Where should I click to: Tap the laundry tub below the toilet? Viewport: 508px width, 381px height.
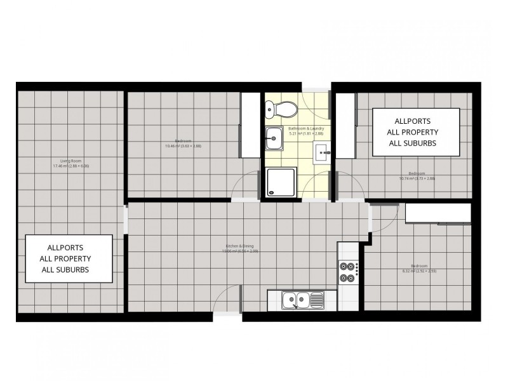(x=274, y=137)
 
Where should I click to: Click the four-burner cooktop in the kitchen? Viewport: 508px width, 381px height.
(x=347, y=272)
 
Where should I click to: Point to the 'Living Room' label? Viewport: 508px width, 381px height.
(x=70, y=163)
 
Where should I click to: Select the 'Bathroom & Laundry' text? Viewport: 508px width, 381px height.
(x=306, y=131)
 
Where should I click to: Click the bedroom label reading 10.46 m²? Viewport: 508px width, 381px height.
(x=183, y=144)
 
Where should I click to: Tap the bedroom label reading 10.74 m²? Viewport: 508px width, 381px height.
(x=417, y=176)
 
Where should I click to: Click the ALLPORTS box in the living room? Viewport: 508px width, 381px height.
(x=69, y=258)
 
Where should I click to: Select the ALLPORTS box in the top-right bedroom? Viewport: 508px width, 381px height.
(x=415, y=131)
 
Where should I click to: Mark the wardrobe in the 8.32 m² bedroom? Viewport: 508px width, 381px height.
(x=438, y=213)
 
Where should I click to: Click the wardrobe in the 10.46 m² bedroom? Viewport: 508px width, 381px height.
(x=250, y=124)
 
